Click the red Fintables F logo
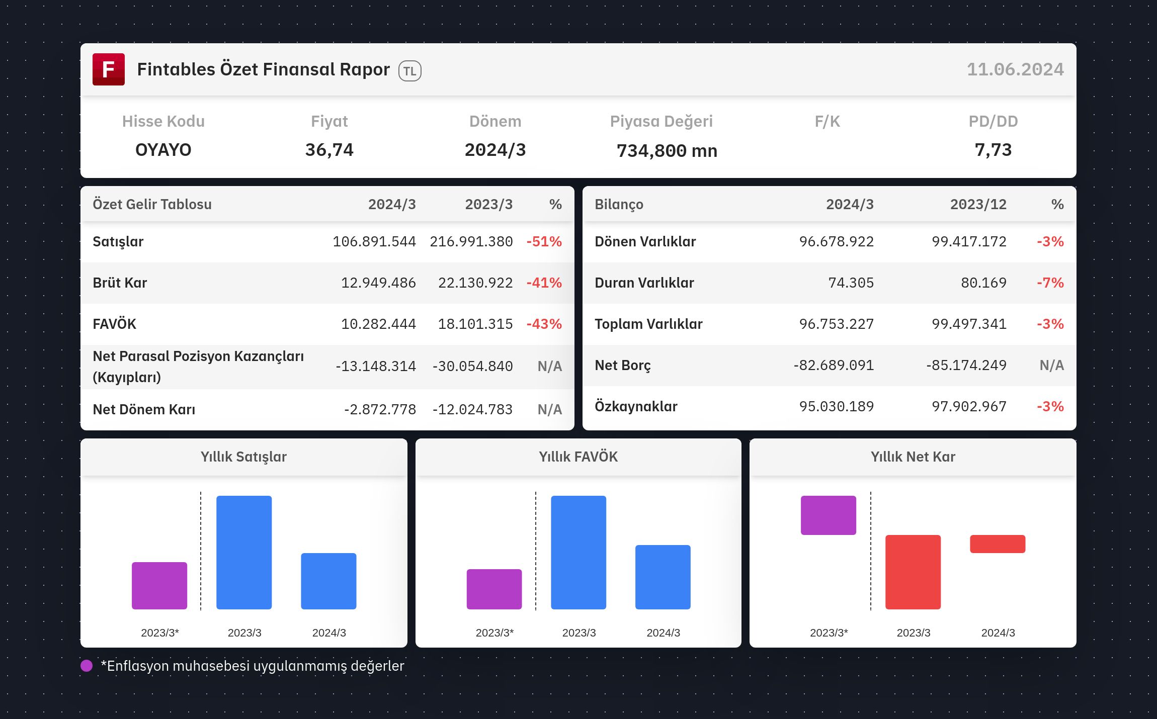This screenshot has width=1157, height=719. (x=109, y=69)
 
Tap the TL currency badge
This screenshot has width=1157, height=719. (x=410, y=71)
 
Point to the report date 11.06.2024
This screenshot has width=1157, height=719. (x=1015, y=69)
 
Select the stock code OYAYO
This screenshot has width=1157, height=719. (x=163, y=150)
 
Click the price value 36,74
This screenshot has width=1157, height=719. (x=329, y=150)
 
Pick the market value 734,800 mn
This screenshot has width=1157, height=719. (x=667, y=151)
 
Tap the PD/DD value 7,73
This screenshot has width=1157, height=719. (x=994, y=150)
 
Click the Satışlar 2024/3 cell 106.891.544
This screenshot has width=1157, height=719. (x=374, y=242)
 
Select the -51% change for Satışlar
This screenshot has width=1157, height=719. (x=544, y=242)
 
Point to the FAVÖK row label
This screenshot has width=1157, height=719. (x=115, y=324)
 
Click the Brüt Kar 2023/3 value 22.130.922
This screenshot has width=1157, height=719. (x=475, y=283)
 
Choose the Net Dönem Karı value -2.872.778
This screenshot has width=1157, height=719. (x=380, y=410)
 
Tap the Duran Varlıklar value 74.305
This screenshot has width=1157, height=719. (x=851, y=283)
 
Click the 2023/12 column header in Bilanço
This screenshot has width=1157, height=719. (x=978, y=205)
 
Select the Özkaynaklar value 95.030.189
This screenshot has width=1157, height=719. (x=837, y=407)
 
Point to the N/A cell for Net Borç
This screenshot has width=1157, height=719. (x=1052, y=366)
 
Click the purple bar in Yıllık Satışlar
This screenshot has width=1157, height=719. (x=159, y=586)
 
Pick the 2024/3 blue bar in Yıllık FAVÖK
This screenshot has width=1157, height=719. (x=663, y=577)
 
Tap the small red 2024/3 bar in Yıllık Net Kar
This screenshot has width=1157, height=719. (x=998, y=544)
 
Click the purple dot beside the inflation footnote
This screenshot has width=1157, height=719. (x=87, y=666)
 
